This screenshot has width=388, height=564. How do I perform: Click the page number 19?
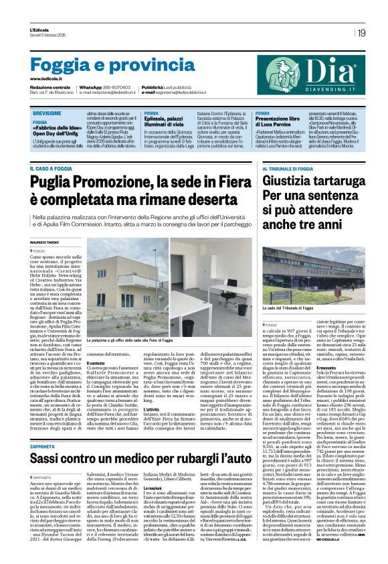(361, 32)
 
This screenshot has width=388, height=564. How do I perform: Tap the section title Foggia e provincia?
(103, 66)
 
